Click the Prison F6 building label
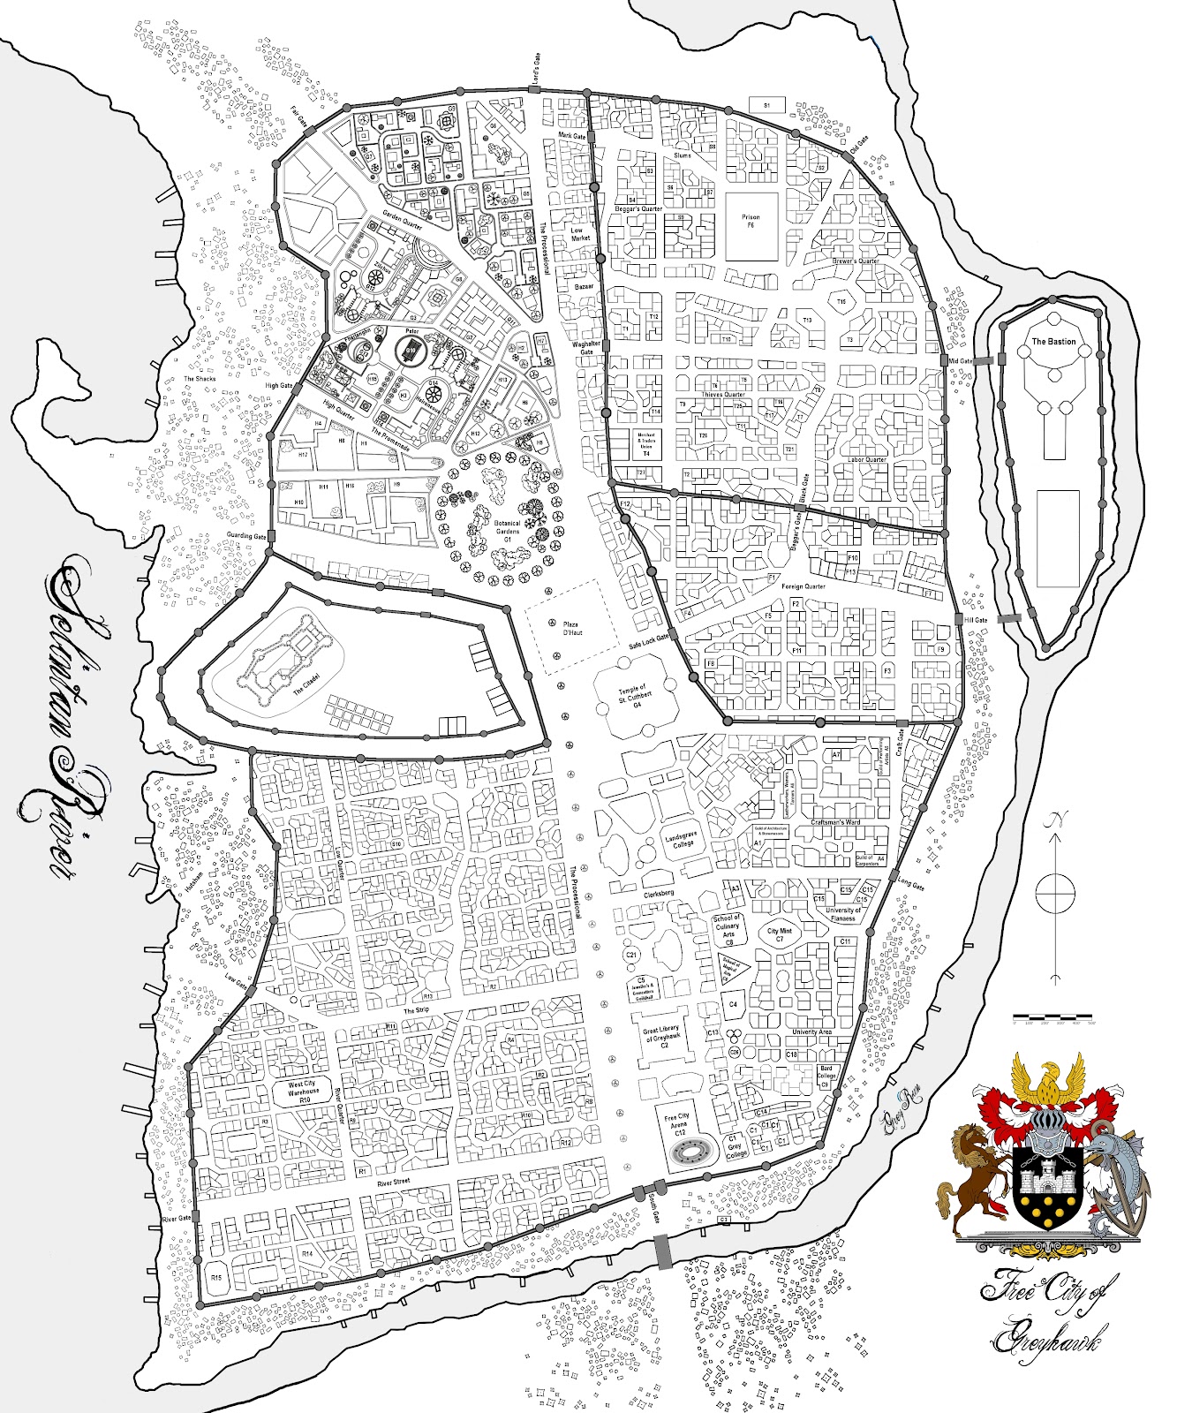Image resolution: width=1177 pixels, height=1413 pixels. [751, 221]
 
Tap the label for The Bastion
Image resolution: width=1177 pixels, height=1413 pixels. [1053, 341]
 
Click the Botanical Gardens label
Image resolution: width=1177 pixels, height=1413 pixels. [507, 530]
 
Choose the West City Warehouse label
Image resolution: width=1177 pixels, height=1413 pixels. [303, 1092]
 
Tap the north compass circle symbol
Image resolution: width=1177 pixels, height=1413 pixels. [1054, 892]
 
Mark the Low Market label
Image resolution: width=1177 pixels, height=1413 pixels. [579, 233]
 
